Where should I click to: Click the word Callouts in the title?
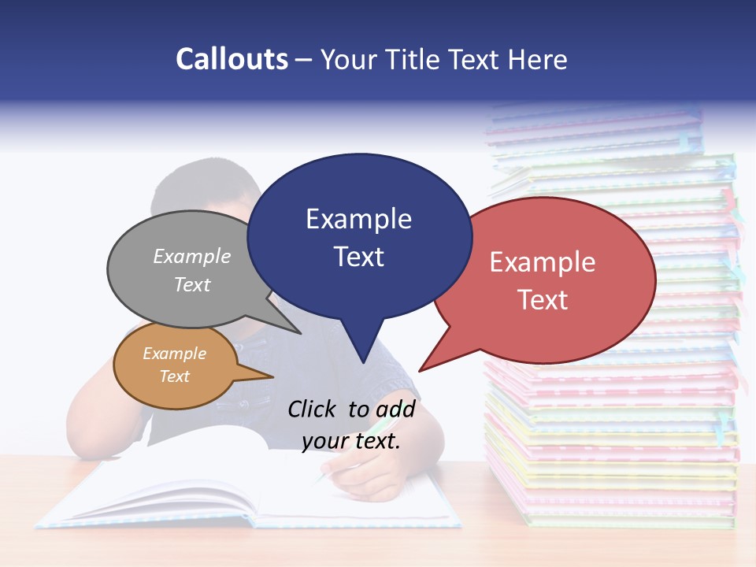232,59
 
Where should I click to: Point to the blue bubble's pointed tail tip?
363,362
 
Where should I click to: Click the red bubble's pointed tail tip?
420,370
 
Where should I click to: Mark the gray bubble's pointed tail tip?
300,333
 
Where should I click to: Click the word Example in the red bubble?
543,262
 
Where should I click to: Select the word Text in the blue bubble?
359,257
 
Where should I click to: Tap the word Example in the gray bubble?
192,256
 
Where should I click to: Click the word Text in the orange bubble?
175,376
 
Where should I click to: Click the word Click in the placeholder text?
312,409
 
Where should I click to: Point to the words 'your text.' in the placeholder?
351,441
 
